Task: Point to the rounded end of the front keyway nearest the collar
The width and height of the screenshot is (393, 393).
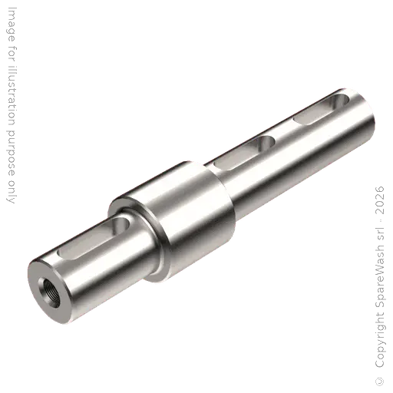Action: pyautogui.click(x=119, y=227)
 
